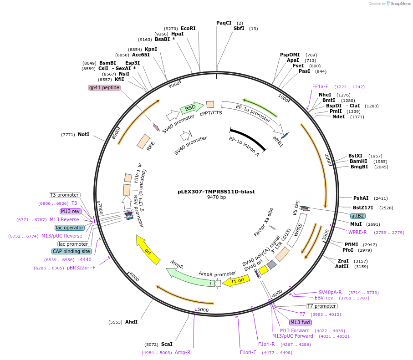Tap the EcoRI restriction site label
point(188,28)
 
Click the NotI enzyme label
point(83,135)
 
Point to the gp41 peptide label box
point(104,87)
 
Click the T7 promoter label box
point(321,306)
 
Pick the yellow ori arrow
point(148,249)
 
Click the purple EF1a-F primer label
point(320,86)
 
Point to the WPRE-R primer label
point(357,233)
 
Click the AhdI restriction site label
point(131,322)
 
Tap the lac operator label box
point(70,228)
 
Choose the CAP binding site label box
point(71,251)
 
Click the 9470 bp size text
point(216,198)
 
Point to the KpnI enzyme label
point(151,49)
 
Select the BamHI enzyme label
point(358,161)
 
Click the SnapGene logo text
point(399,4)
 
